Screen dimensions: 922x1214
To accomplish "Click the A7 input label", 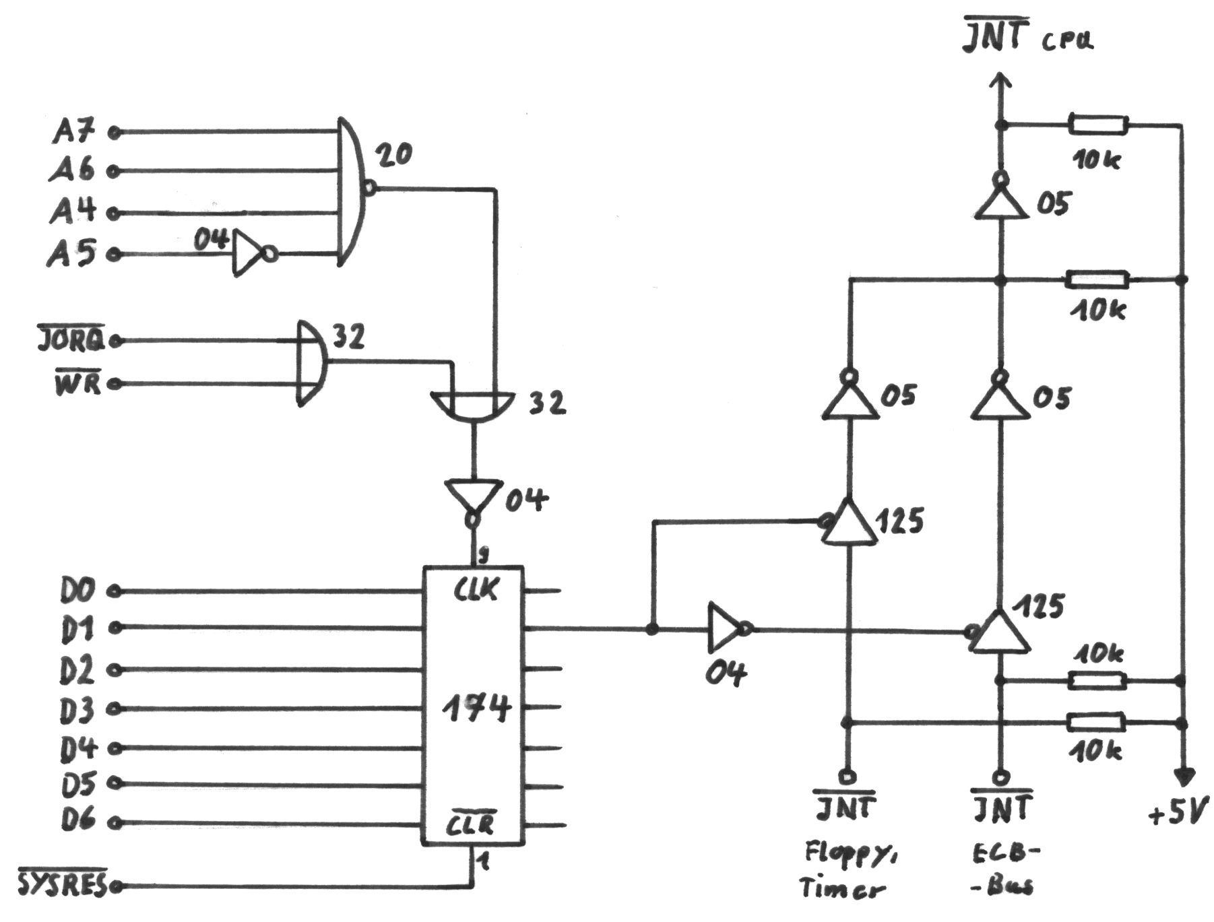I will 74,132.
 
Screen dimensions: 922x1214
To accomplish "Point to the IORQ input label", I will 71,340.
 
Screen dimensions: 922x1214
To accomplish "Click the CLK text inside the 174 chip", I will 475,591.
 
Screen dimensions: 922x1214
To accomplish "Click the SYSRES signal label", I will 62,884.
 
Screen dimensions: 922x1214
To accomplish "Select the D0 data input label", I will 77,591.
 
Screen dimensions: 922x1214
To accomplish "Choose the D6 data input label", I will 78,821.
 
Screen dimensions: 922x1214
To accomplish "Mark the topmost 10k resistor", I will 1097,125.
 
